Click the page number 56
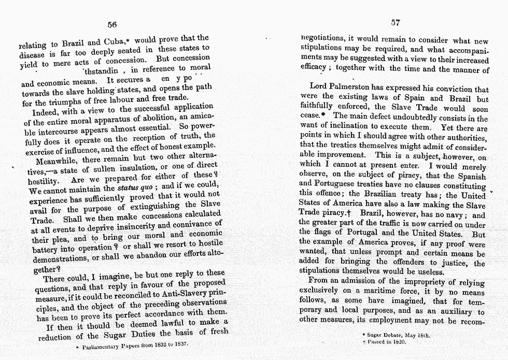coord(111,24)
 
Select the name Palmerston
coord(360,89)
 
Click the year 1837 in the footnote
coord(179,343)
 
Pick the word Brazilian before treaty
coord(372,195)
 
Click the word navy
coord(460,214)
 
